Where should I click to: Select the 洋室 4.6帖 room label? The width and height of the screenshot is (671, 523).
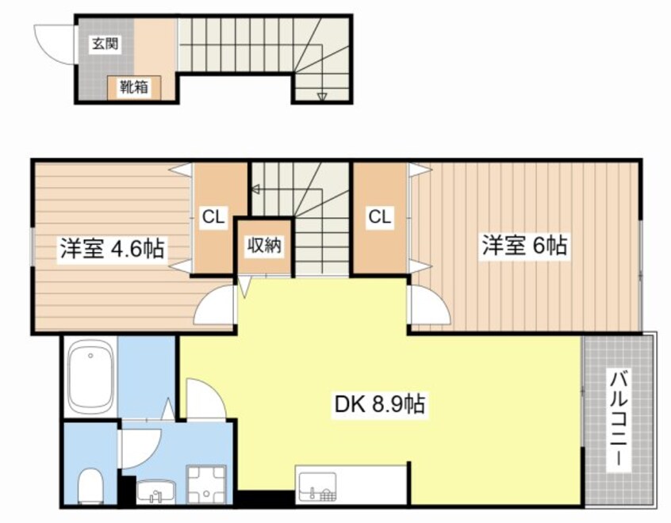click(x=111, y=248)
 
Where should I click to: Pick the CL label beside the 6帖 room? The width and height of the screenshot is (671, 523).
click(x=379, y=216)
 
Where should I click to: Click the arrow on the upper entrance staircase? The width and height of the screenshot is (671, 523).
click(x=322, y=96)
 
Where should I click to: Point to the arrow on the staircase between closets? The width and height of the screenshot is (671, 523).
click(x=256, y=189)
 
